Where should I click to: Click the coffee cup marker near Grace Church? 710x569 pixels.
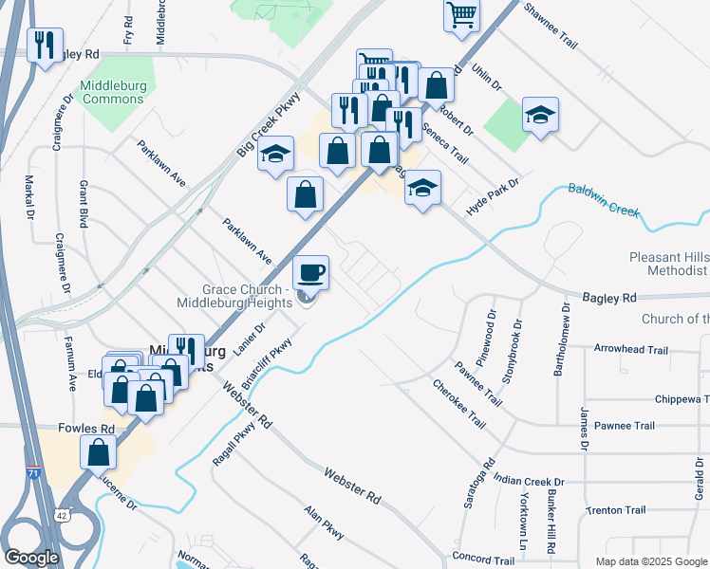[x=310, y=273]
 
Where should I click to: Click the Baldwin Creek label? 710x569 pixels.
[x=604, y=199]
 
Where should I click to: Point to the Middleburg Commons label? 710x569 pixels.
[x=114, y=92]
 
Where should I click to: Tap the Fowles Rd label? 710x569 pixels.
[x=86, y=429]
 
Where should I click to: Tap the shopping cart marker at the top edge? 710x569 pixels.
[x=461, y=13]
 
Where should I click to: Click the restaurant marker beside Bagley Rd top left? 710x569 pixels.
[x=45, y=45]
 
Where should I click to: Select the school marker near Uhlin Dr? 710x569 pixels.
[x=540, y=116]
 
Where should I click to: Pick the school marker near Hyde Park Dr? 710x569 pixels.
[x=422, y=188]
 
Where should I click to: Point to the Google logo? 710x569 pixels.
[x=31, y=558]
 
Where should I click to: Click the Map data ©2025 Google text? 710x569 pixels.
[x=650, y=561]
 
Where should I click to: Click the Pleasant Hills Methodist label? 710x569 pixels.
[x=668, y=265]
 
